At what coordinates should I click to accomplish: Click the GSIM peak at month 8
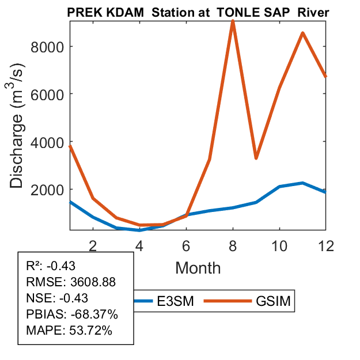(x=233, y=22)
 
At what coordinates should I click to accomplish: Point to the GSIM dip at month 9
(x=256, y=158)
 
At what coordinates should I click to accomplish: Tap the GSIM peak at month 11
(x=302, y=33)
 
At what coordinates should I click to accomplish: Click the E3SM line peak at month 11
(x=302, y=183)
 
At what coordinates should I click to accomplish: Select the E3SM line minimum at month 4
(x=139, y=230)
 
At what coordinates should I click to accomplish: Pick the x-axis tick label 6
(x=186, y=245)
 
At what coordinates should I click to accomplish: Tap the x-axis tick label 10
(x=279, y=245)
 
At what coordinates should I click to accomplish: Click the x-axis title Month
(x=198, y=267)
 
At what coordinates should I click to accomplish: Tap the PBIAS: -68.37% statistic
(x=72, y=314)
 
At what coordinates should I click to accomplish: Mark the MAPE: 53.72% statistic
(x=69, y=331)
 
